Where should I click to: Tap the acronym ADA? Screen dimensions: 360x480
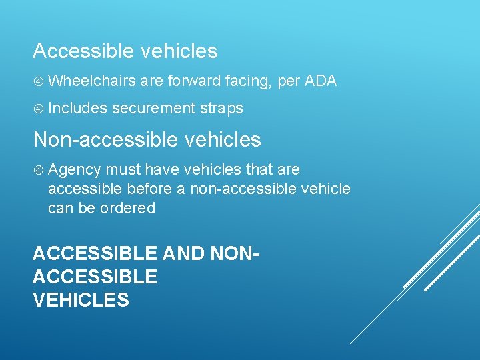320,81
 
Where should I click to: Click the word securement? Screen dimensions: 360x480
153,108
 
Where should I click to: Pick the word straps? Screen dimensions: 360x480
222,108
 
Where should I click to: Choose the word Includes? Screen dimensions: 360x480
77,108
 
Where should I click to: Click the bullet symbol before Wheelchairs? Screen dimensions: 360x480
39,82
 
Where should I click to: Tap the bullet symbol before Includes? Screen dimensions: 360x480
39,109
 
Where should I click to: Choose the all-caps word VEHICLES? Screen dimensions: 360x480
81,300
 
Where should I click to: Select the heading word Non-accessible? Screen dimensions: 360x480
99,140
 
